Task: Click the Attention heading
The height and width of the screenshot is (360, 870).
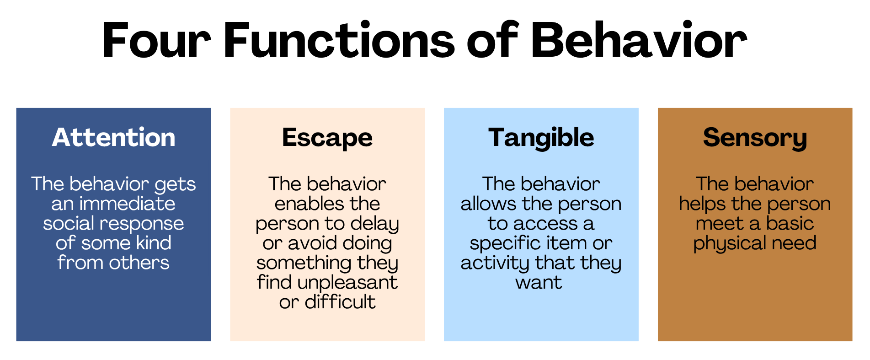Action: pos(113,137)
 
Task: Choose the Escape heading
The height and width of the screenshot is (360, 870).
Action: pos(327,138)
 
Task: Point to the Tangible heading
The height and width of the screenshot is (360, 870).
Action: pos(541,138)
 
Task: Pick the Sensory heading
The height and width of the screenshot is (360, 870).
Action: pos(755,138)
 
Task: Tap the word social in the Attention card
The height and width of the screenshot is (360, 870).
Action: pos(69,223)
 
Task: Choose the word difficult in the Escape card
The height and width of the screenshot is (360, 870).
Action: pos(340,302)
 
